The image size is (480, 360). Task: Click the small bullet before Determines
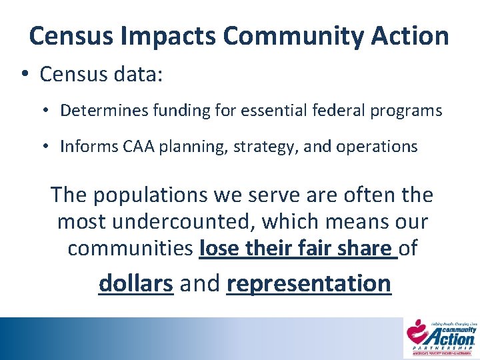(x=49, y=111)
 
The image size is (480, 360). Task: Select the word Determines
(x=97, y=111)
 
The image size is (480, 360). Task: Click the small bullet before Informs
(x=49, y=147)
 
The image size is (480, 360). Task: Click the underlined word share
(x=365, y=248)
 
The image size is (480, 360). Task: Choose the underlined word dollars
(x=136, y=283)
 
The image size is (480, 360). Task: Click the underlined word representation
(x=309, y=283)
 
